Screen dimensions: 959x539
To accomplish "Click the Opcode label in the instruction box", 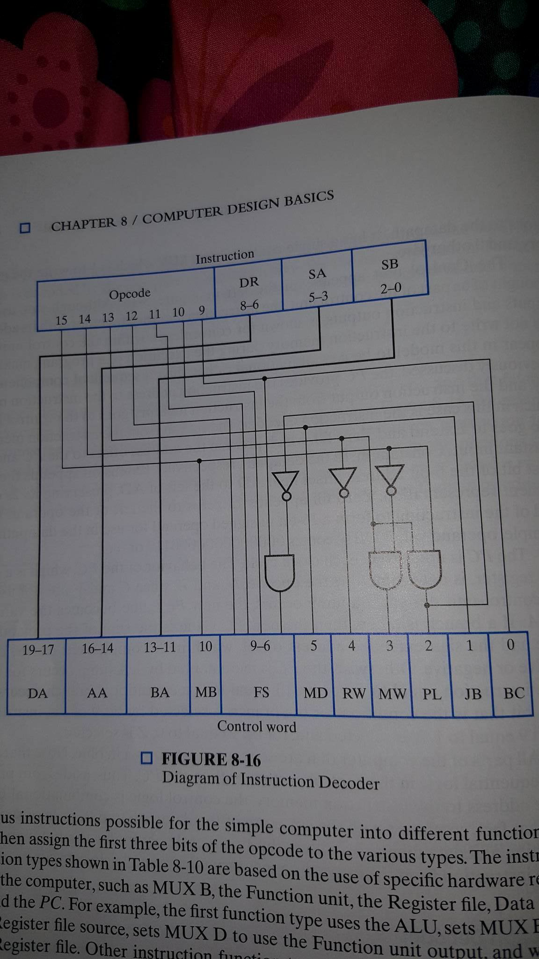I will click(130, 294).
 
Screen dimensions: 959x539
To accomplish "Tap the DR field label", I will click(248, 282).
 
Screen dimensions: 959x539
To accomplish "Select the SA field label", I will click(317, 273).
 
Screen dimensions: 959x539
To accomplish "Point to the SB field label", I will click(389, 265).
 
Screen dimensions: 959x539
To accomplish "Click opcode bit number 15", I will click(61, 320).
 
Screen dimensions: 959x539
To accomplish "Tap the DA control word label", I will click(37, 693).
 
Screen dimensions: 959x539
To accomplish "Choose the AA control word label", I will click(97, 693).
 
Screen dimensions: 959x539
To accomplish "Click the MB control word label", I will click(206, 692).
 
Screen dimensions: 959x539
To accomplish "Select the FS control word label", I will click(261, 692).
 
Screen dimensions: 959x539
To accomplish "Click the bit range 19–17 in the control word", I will click(38, 649).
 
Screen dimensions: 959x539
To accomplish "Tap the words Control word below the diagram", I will click(256, 727).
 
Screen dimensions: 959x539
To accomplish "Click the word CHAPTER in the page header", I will click(83, 224).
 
